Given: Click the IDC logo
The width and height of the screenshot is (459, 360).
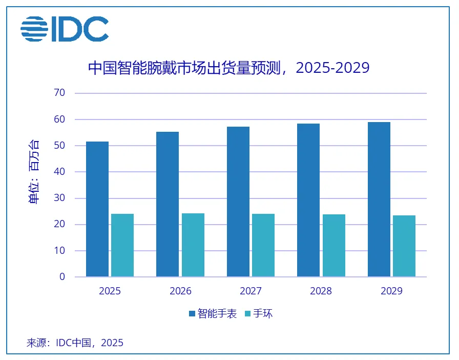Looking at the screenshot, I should [x=65, y=29].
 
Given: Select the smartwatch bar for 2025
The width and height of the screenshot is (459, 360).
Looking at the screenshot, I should [x=97, y=209].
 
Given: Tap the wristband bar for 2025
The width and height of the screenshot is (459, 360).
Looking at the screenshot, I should [x=122, y=245].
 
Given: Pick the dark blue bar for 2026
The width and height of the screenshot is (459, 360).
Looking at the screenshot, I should [x=168, y=204].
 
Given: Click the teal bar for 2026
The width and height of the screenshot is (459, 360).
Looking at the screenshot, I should [x=193, y=245].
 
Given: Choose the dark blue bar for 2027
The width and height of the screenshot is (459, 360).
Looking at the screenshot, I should [x=238, y=202].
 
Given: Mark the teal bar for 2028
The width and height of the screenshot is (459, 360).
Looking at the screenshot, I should [x=334, y=246].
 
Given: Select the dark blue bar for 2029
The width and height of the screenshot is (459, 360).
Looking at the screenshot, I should [x=379, y=199].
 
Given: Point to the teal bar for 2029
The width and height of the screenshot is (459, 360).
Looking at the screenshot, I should [x=404, y=246].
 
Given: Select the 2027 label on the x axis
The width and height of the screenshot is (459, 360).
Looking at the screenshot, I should [x=251, y=291].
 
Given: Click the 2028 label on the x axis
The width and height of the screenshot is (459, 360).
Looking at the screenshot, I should [x=321, y=291].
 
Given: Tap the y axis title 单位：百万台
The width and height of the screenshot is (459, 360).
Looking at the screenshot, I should [x=33, y=172].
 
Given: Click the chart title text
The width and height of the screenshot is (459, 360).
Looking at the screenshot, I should [x=229, y=68].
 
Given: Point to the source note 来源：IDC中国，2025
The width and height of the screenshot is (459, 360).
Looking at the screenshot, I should [x=75, y=343].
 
